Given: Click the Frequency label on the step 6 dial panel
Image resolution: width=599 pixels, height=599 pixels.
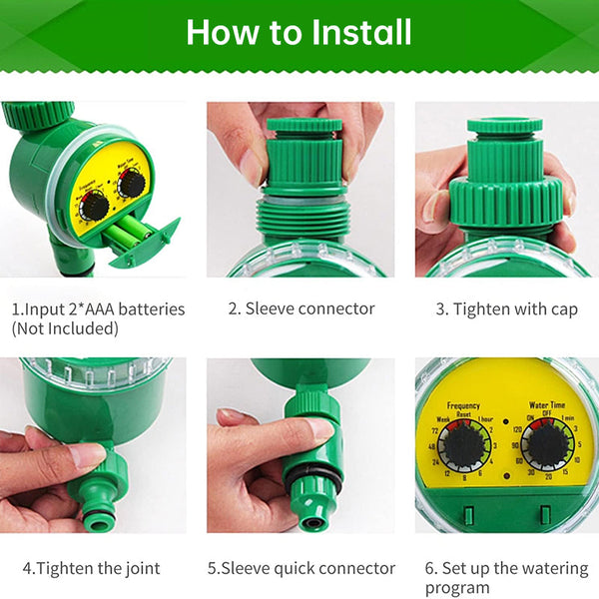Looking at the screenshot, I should pos(463,406).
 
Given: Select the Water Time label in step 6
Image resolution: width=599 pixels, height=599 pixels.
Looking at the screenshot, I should pos(546,406).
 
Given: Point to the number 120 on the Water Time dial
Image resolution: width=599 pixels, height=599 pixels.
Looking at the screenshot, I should pos(517,426).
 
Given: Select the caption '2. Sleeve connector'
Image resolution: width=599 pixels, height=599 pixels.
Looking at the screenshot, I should pos(300,308).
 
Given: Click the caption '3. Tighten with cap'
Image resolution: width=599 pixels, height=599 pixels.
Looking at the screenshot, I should pos(506,308).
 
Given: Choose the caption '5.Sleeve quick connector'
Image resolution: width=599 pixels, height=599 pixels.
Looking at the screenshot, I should pos(300,568).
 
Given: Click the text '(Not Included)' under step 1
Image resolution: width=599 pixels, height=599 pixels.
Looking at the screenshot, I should pos(61,327).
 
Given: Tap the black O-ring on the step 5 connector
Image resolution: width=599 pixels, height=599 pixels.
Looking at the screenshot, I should pos(312,480).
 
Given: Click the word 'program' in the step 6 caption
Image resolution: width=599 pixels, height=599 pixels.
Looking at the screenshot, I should pos(458,588).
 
